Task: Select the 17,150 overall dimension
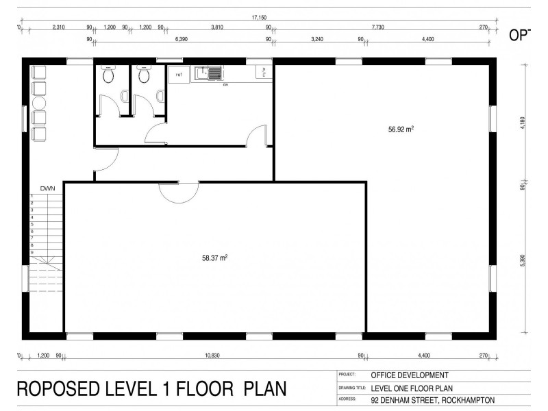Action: point(258,18)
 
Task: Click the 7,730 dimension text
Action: point(377,27)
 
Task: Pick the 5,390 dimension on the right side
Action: point(522,262)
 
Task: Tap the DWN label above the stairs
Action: point(47,187)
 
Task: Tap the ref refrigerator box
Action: point(179,73)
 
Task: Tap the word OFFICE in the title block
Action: point(387,375)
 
